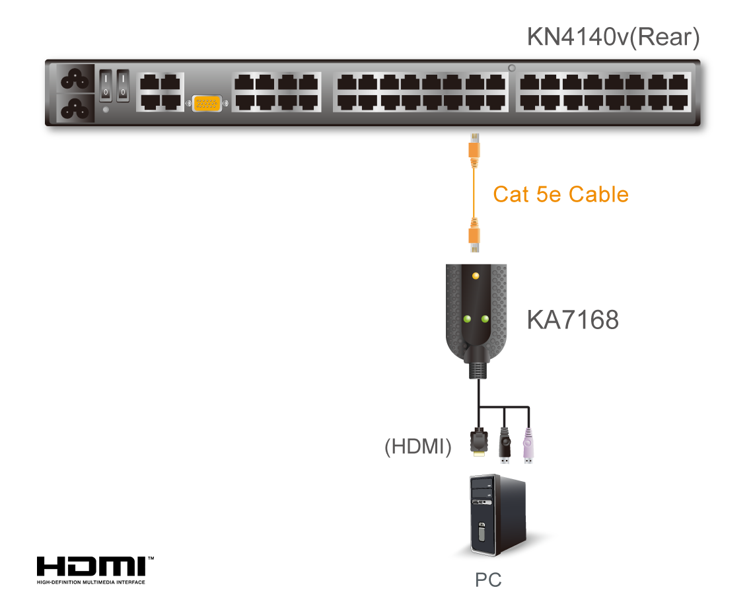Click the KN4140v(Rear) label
tap(612, 38)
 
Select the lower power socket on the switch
tap(76, 108)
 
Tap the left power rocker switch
tap(106, 87)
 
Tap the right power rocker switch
tap(123, 87)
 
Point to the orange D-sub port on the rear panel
tap(207, 104)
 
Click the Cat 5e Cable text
tap(560, 194)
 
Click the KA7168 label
tap(572, 320)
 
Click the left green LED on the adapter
tap(467, 319)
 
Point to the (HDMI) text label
tap(418, 447)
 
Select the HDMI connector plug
tap(478, 442)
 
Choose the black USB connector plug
tap(504, 445)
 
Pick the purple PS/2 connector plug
tap(528, 447)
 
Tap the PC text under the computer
tap(488, 580)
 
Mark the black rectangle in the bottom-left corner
tap(95, 570)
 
